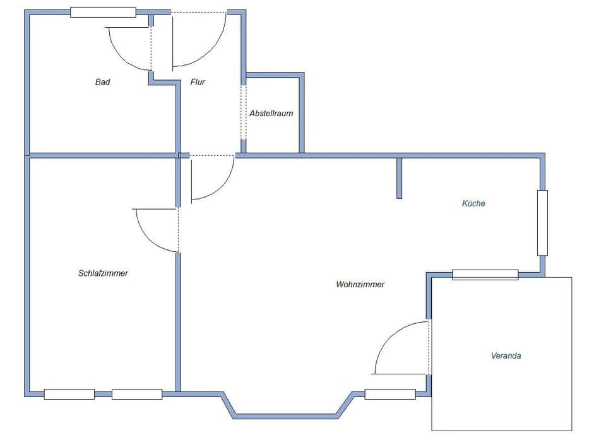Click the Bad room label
click(102, 82)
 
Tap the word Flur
click(198, 82)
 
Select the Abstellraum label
click(271, 114)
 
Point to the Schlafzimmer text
click(103, 273)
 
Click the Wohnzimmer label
click(360, 285)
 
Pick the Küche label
click(473, 204)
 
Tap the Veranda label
click(506, 356)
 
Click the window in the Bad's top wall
click(103, 12)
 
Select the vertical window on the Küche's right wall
click(542, 223)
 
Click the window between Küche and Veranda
click(485, 275)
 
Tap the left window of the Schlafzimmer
click(69, 395)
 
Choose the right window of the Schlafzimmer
click(137, 395)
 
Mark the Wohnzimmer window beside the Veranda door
click(390, 395)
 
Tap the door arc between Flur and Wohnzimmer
click(221, 186)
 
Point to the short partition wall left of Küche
click(399, 178)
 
